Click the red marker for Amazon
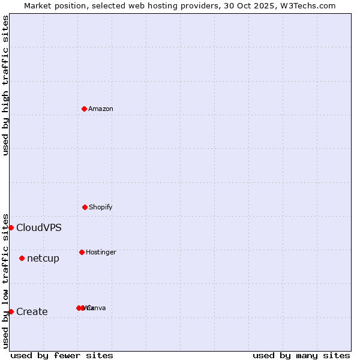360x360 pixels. (x=84, y=109)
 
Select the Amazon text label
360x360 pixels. (x=101, y=109)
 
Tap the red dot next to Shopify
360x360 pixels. (x=85, y=207)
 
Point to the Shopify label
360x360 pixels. (x=101, y=207)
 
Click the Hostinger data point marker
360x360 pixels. (x=82, y=252)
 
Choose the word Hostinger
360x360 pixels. (x=101, y=252)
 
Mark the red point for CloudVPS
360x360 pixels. (x=11, y=227)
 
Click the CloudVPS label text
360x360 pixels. (x=39, y=227)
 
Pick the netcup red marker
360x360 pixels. (x=22, y=258)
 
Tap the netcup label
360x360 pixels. (x=43, y=259)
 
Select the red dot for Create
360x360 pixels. (x=11, y=311)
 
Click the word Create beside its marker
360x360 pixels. (x=32, y=311)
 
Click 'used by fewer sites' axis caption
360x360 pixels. (x=62, y=355)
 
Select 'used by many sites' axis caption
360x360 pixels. (x=301, y=355)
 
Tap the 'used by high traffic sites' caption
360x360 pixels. (x=5, y=85)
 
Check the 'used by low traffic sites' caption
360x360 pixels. (x=5, y=281)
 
